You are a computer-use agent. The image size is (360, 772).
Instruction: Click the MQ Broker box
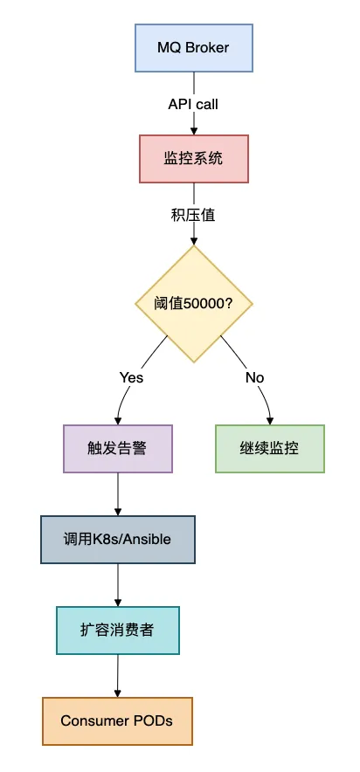click(x=193, y=47)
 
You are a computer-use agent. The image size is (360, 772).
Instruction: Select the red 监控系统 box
click(x=193, y=158)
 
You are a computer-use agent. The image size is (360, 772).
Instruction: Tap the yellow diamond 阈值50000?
click(x=193, y=304)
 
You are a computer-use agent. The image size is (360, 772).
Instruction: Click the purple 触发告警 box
click(x=117, y=449)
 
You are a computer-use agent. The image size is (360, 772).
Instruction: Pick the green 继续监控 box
click(x=269, y=449)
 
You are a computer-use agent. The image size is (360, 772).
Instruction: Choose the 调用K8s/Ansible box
click(x=117, y=539)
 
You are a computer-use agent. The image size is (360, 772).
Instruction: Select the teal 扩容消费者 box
click(x=117, y=630)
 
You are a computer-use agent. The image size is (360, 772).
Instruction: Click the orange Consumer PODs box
click(x=117, y=720)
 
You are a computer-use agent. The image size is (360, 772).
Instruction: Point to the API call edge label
click(x=193, y=104)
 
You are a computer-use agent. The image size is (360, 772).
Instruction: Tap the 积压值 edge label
click(x=193, y=214)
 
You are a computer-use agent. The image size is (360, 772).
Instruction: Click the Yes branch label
click(x=131, y=377)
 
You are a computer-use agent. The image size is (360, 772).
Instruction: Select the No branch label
click(x=254, y=377)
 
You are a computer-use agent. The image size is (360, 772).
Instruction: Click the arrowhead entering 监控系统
click(x=193, y=130)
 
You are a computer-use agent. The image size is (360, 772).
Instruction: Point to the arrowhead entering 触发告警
click(x=117, y=420)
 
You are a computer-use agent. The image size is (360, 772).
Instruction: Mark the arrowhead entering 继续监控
click(x=269, y=420)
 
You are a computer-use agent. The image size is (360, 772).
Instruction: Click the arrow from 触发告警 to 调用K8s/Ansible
click(x=117, y=493)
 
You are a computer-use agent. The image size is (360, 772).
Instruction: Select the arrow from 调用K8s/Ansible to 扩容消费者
click(x=117, y=584)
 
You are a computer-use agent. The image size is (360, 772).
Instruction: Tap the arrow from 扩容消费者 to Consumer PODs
click(x=117, y=675)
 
